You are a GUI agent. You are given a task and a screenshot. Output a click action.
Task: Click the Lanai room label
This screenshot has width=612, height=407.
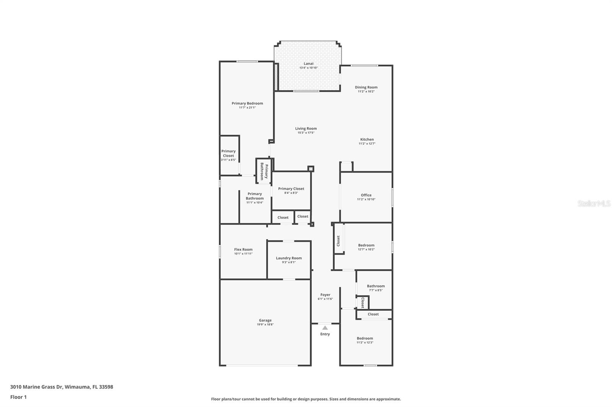(x=308, y=63)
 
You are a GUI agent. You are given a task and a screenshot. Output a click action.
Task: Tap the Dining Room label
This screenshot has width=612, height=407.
(x=366, y=87)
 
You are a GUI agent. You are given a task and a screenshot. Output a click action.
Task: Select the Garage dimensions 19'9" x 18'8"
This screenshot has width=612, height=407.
(x=265, y=325)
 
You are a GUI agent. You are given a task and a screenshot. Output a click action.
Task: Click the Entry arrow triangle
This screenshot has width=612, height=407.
(x=325, y=328)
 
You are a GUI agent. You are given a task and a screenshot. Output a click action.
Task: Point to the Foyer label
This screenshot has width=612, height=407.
(x=325, y=295)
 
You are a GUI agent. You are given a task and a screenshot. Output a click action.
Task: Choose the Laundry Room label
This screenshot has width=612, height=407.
(x=289, y=258)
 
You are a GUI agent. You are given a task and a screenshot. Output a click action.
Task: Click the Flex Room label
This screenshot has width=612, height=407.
(x=243, y=249)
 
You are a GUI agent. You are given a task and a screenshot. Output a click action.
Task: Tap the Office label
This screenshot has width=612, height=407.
(x=366, y=195)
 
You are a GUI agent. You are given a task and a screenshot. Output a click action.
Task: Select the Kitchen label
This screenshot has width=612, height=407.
(x=367, y=139)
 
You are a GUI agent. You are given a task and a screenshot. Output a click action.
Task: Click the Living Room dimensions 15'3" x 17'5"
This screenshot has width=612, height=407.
(x=306, y=133)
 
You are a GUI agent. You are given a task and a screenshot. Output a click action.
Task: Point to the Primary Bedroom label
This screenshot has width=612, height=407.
(x=247, y=103)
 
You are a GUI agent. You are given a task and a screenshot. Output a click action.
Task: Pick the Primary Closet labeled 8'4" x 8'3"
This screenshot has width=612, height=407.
(x=291, y=189)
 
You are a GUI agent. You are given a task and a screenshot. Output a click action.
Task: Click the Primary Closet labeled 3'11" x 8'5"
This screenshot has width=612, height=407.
(x=228, y=153)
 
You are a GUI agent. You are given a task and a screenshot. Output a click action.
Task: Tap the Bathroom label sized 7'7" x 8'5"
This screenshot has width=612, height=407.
(x=376, y=286)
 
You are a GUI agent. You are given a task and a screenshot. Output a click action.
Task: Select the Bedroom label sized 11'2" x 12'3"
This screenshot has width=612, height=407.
(x=365, y=338)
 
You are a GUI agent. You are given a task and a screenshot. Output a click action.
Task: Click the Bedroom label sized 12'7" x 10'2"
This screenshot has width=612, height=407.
(x=366, y=245)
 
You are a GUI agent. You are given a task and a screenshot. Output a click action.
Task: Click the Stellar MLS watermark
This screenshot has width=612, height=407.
(x=594, y=204)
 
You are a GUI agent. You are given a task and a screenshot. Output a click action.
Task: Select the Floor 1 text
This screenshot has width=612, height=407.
(x=18, y=397)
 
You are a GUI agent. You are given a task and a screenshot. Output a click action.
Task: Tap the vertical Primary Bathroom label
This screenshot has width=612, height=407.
(x=264, y=171)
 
